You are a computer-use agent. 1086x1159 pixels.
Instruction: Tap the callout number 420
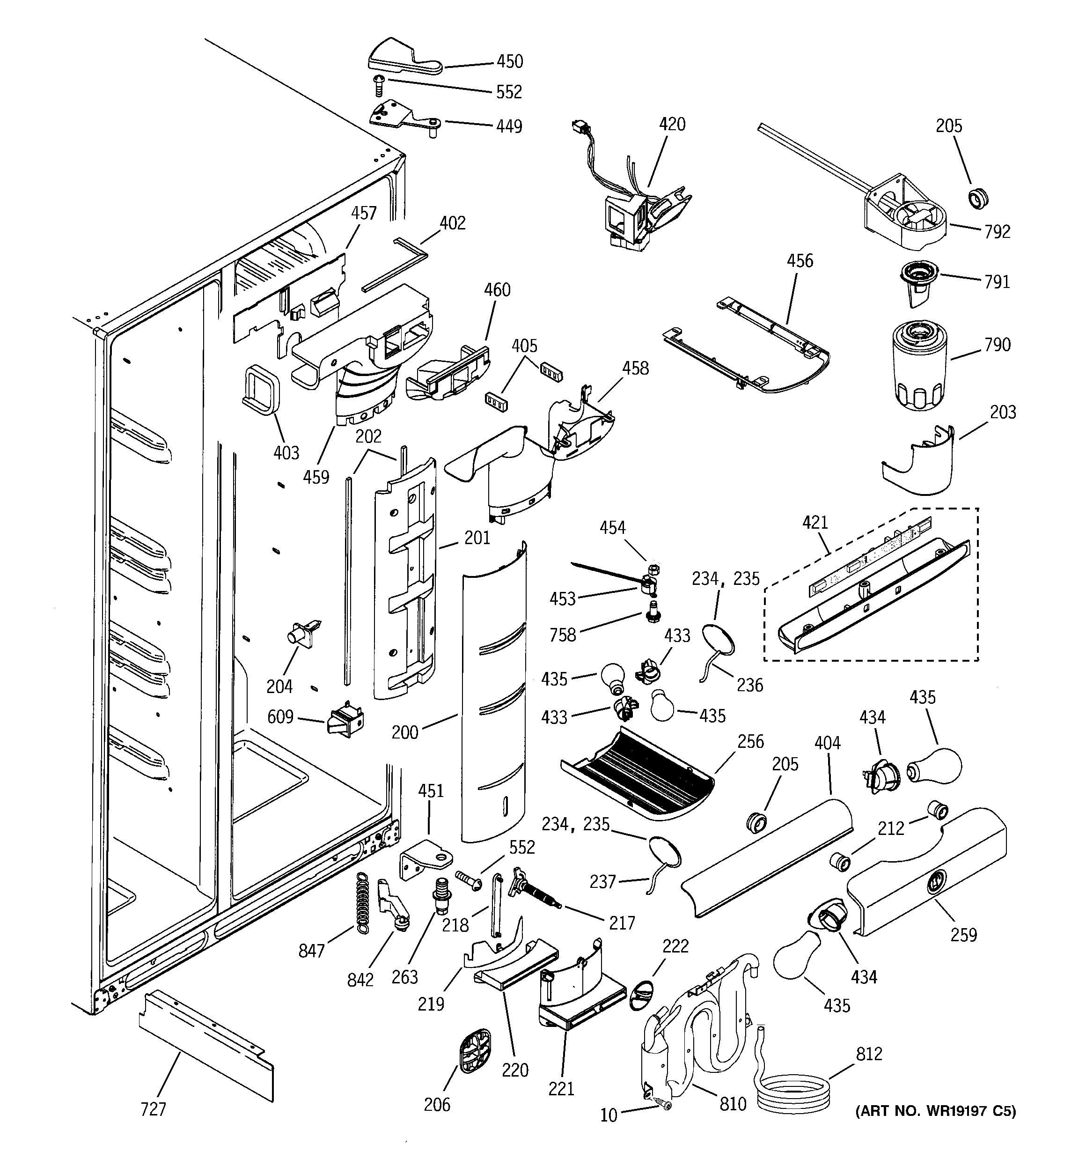click(672, 124)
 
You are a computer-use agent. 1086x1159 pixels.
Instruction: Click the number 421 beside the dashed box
click(815, 522)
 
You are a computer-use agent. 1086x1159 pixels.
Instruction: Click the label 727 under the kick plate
click(154, 1109)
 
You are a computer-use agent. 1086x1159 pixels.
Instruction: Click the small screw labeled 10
click(663, 1104)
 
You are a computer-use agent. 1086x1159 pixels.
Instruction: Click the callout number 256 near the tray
click(750, 742)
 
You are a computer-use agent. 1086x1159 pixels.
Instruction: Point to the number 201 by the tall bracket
click(477, 538)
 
